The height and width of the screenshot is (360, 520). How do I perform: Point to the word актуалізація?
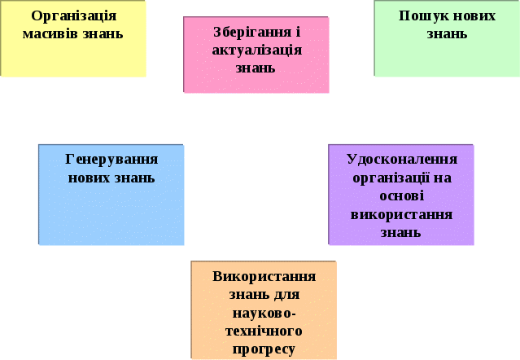coord(256,50)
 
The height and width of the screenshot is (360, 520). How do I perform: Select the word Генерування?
coord(111,160)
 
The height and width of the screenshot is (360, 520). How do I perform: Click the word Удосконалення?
coord(401,160)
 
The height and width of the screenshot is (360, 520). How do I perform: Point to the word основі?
coord(401,196)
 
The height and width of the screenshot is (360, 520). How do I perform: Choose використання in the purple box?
coord(401,214)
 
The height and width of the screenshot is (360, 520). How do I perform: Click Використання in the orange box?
coord(264,276)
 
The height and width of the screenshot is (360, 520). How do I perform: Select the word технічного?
coord(264,331)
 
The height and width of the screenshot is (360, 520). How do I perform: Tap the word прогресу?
coord(264,349)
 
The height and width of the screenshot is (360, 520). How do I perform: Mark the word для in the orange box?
coord(285,294)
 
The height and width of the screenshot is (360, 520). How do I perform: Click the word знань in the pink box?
coord(256,68)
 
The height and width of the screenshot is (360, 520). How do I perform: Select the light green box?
coord(447,57)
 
